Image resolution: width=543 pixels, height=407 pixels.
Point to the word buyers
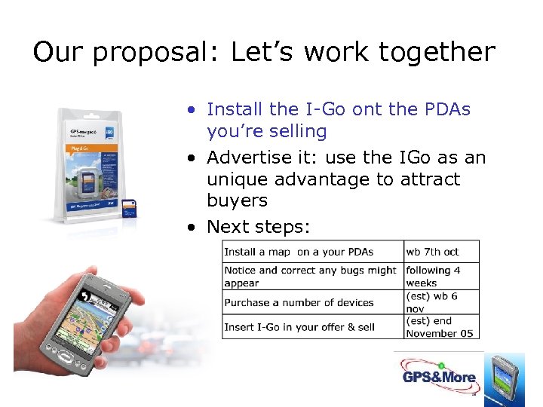[237, 200]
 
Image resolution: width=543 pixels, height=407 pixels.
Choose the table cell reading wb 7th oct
[432, 252]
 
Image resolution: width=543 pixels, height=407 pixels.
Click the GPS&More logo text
[438, 377]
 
